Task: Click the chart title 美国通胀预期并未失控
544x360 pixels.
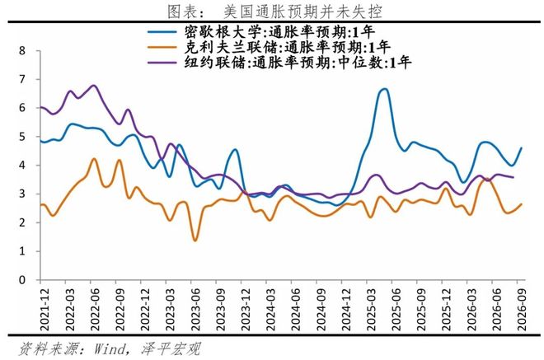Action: tap(302, 12)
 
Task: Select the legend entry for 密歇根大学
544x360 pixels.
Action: tap(261, 32)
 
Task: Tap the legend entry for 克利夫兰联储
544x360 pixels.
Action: tap(270, 47)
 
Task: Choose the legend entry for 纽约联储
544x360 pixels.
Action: tap(279, 63)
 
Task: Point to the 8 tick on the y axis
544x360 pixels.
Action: tap(22, 50)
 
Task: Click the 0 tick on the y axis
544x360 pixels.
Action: tap(22, 279)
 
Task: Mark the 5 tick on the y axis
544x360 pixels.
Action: tap(22, 137)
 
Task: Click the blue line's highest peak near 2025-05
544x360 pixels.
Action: tap(384, 89)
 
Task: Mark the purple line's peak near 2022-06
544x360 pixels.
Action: tap(94, 86)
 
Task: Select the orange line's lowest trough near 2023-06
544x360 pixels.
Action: tap(195, 241)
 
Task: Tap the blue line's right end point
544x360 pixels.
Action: tap(522, 148)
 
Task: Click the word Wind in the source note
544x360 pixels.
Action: tap(109, 348)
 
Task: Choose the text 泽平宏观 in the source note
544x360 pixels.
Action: tap(171, 348)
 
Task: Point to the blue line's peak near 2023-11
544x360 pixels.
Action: tap(235, 149)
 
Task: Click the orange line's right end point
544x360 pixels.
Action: tap(522, 204)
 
